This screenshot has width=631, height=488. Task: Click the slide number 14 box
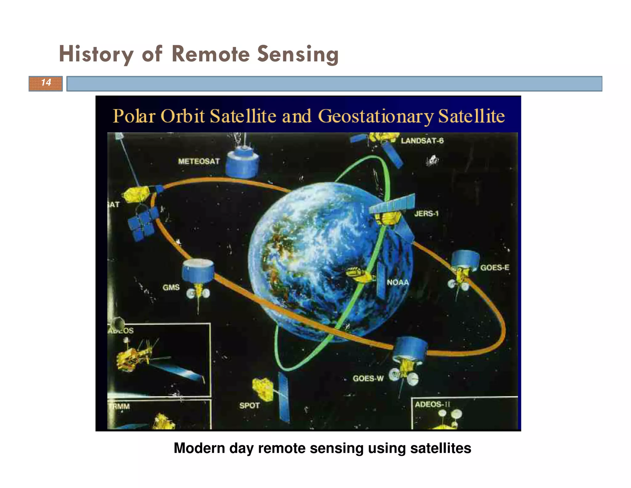pyautogui.click(x=46, y=83)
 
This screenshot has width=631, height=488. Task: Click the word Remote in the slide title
pyautogui.click(x=210, y=54)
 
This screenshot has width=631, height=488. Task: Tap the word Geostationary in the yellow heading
pyautogui.click(x=376, y=116)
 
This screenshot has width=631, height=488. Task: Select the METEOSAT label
pyautogui.click(x=199, y=161)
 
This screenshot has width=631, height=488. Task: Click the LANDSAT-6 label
pyautogui.click(x=422, y=141)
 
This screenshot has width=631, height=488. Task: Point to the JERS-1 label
pyautogui.click(x=426, y=213)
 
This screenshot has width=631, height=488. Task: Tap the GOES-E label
pyautogui.click(x=495, y=267)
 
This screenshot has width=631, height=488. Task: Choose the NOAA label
pyautogui.click(x=397, y=282)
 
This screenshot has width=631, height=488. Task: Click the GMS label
pyautogui.click(x=171, y=287)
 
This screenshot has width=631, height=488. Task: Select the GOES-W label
pyautogui.click(x=368, y=378)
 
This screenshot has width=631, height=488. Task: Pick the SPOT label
pyautogui.click(x=249, y=405)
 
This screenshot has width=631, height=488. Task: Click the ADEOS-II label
pyautogui.click(x=432, y=404)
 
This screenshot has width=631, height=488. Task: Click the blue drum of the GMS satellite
pyautogui.click(x=197, y=271)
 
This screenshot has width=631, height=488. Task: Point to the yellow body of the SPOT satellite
pyautogui.click(x=263, y=389)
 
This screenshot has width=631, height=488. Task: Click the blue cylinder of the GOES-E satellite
pyautogui.click(x=465, y=259)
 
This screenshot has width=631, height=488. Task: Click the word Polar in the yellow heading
pyautogui.click(x=134, y=116)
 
